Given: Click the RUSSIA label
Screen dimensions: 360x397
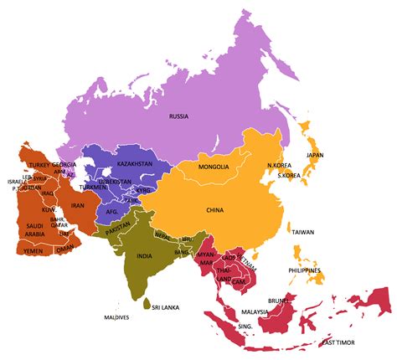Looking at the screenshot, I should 178,116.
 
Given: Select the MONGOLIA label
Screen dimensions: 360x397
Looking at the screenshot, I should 214,167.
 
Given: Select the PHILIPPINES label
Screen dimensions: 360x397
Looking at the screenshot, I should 305,270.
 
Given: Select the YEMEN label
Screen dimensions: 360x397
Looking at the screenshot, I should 33,249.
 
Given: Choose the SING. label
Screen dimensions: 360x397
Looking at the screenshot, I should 246,325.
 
